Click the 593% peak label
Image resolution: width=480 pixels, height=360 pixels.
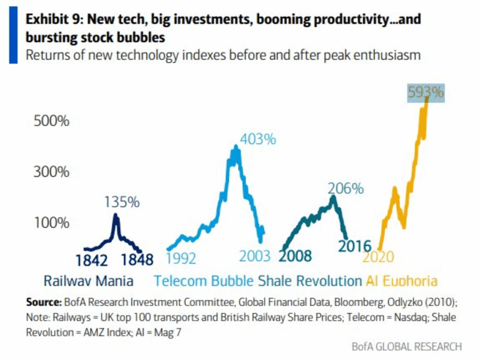pos(425,92)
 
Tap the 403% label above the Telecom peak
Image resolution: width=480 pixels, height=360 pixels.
pos(258,139)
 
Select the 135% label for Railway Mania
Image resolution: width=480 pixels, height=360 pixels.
pos(121,202)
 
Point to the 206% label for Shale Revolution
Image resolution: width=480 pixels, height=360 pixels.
pos(345,188)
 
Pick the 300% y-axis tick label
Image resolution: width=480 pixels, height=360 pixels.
pos(52,171)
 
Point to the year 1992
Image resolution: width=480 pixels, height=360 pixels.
pos(181,257)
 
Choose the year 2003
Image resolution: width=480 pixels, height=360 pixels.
pos(255,256)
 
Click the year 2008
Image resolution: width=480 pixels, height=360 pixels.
pos(295,256)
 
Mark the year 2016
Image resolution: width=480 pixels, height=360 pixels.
pos(354,246)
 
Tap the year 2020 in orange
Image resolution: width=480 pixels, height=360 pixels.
pos(378,257)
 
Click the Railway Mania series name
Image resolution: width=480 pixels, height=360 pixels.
pos(89,281)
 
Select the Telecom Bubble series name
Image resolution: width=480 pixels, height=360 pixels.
pos(204,281)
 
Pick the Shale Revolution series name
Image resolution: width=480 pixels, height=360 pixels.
pos(310,281)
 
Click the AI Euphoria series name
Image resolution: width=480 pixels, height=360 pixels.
pos(401,281)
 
